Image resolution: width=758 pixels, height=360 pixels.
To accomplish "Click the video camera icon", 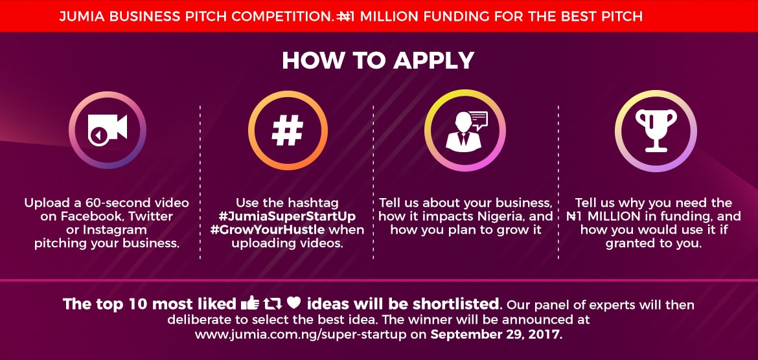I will coord(108,130).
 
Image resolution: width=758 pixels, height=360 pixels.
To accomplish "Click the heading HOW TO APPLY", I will coord(378,61).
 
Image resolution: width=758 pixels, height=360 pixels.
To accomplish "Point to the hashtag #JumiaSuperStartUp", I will coord(295,216).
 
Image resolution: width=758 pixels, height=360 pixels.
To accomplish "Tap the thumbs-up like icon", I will coord(249,303).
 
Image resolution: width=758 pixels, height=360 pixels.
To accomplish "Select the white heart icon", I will coord(293,303).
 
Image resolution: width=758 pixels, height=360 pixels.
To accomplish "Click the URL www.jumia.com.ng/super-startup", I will coord(311,335).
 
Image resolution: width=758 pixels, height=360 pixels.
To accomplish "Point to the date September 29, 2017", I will coord(497,335).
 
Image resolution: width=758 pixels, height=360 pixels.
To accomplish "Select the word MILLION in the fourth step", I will coord(619,216).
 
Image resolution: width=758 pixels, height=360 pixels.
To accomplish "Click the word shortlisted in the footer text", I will coord(461,304).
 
